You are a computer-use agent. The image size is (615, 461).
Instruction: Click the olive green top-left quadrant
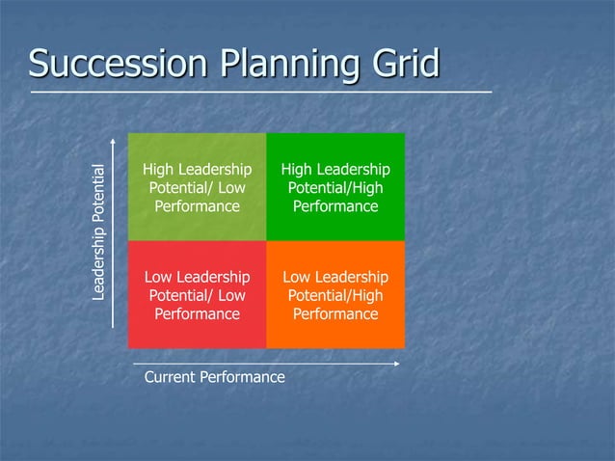[x=197, y=186]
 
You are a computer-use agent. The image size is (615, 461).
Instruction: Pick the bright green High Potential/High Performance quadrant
[x=335, y=186]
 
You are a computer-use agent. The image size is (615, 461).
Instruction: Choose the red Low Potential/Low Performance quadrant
[x=197, y=294]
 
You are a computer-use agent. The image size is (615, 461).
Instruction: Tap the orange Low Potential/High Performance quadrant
[x=335, y=294]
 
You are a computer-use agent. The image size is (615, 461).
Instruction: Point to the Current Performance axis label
[x=214, y=377]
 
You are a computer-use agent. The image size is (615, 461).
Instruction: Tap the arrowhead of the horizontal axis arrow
[x=396, y=364]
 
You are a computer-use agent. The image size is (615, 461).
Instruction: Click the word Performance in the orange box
[x=335, y=313]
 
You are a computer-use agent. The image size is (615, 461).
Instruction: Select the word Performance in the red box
[x=197, y=313]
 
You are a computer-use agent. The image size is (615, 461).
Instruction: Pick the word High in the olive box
[x=158, y=170]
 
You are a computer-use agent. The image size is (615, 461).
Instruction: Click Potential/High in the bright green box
[x=335, y=188]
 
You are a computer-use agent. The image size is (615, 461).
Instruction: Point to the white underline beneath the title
[x=260, y=92]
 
